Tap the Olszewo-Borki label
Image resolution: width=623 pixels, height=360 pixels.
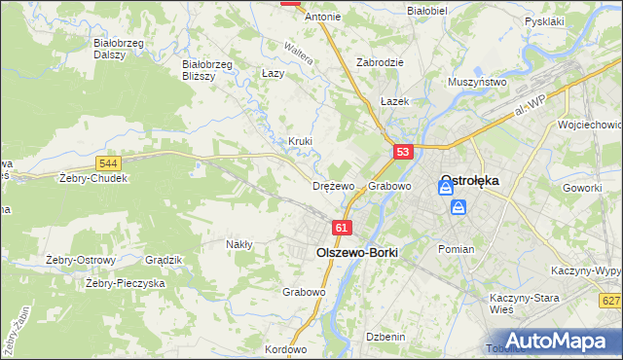pos(357,250)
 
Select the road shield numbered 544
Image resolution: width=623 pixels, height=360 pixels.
pos(109,162)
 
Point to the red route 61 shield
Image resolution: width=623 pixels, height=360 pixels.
pos(341,227)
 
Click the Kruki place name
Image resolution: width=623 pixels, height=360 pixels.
pos(300,141)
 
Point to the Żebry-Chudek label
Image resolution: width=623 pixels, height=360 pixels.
pos(92,179)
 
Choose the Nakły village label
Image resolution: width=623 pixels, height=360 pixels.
pos(238,244)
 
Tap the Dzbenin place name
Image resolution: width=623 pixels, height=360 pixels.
pos(385,336)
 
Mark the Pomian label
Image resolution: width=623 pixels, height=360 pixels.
pos(456,249)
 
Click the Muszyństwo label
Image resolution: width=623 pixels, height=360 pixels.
pos(477,83)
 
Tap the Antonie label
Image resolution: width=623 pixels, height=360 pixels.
pos(323,17)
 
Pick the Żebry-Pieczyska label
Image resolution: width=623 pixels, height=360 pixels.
pos(125,283)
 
